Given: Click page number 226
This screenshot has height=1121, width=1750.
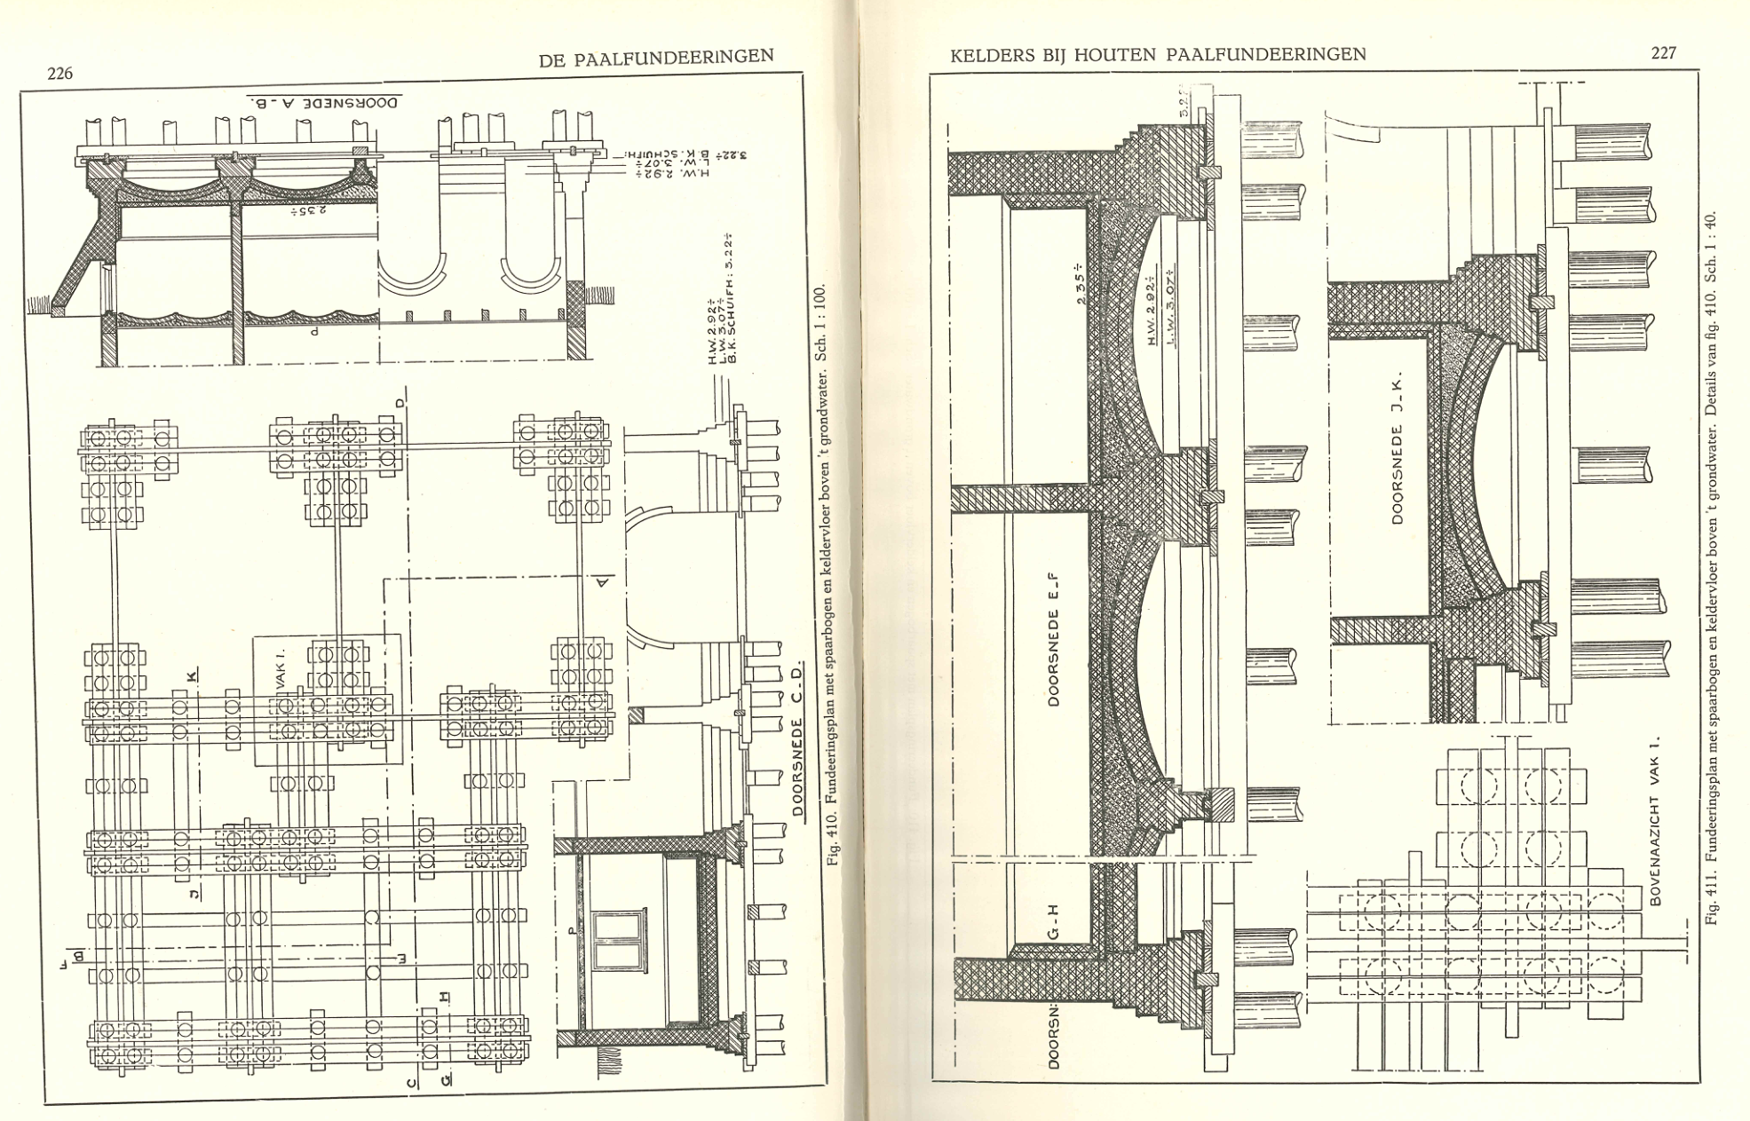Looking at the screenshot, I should pos(60,74).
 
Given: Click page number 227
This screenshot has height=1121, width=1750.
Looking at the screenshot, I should pos(1663,52).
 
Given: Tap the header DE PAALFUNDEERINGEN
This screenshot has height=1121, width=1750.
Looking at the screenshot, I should pos(656,58).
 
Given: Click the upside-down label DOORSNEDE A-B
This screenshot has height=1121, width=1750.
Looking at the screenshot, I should pos(323,101).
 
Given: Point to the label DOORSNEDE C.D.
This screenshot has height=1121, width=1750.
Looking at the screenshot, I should pos(798,736).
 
